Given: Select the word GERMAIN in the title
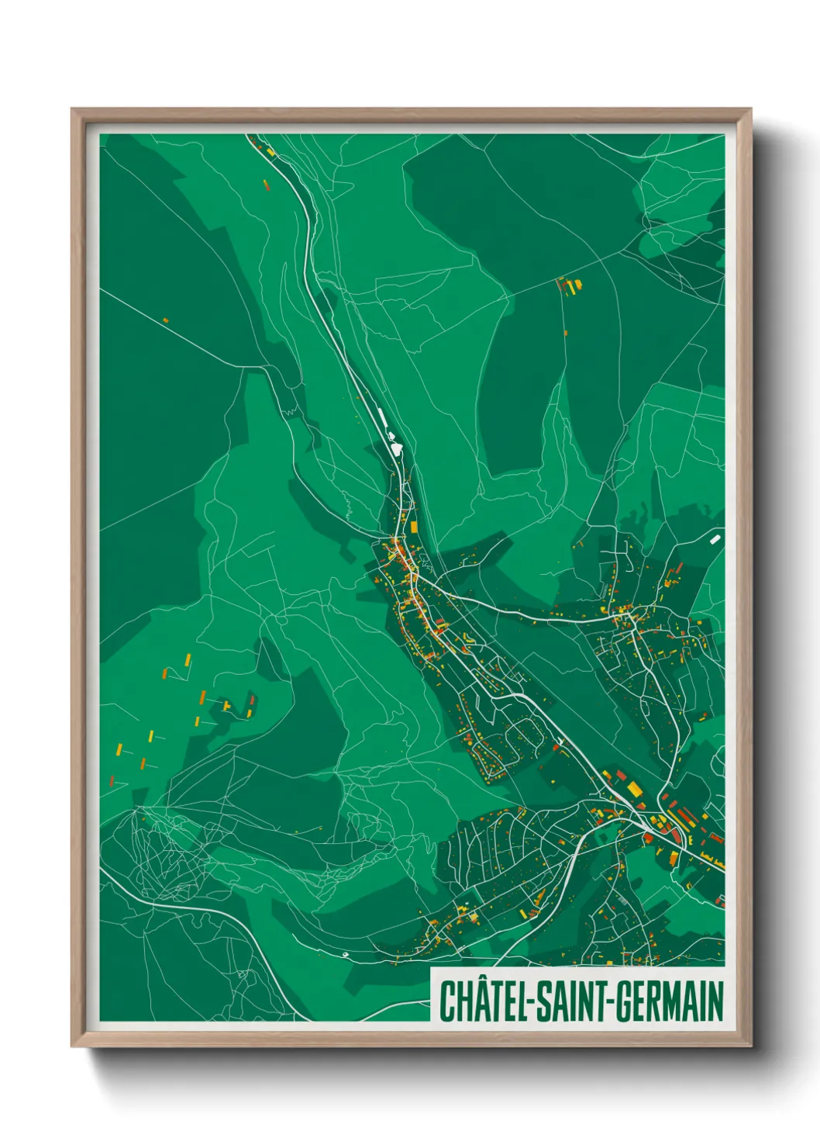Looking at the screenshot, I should tap(670, 1001).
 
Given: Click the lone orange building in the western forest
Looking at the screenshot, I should tap(165, 320).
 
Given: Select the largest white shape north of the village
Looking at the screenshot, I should tap(396, 448).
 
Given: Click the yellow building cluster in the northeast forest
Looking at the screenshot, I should tap(572, 285).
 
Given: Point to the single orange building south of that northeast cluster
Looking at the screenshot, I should tap(566, 334).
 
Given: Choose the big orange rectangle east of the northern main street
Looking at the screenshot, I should tap(414, 527).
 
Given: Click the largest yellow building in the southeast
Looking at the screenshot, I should tap(635, 789).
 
